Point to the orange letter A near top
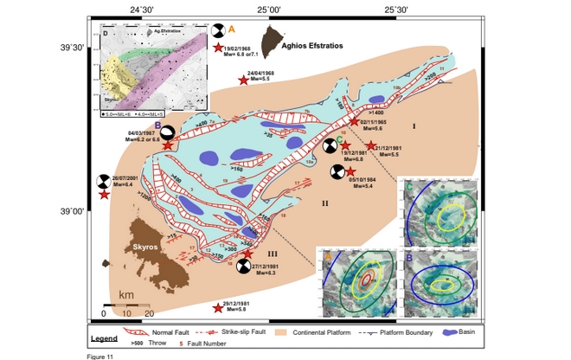click(232, 29)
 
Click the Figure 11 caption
click(100, 356)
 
